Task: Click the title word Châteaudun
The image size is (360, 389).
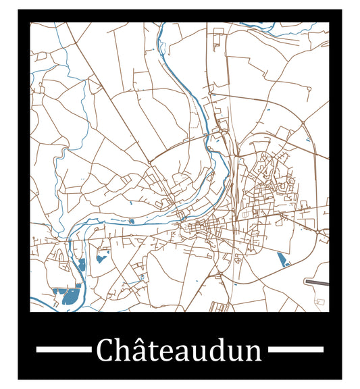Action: [179, 351]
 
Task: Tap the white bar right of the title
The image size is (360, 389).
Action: [297, 350]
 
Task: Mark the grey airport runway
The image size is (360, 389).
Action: [317, 281]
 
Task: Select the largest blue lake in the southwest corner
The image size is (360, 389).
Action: [66, 295]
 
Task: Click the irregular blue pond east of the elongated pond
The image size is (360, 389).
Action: [103, 257]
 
